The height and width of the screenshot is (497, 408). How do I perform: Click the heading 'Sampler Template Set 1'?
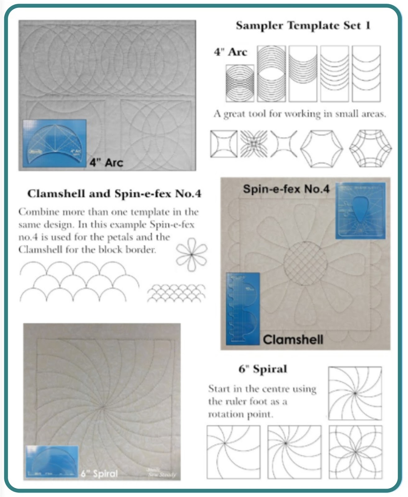coord(303,25)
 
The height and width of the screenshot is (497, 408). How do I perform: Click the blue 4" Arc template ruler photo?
coord(54,144)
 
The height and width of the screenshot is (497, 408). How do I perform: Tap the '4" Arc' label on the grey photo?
coord(107,162)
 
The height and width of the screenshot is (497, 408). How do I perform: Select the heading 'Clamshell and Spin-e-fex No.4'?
coord(114,194)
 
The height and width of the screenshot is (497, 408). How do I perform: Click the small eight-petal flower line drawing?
coord(192,255)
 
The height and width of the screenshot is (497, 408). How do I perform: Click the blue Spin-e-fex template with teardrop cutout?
coord(360,211)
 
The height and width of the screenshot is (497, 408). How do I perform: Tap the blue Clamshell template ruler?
coord(243,308)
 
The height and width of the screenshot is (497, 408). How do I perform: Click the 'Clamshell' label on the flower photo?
coord(293,340)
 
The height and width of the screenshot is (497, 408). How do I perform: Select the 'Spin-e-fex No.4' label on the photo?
coord(286,189)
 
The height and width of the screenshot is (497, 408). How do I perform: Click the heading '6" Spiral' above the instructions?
coord(263,369)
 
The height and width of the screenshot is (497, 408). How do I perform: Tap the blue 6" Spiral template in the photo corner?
coord(52,462)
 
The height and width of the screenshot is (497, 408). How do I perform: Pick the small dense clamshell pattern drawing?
coord(176,293)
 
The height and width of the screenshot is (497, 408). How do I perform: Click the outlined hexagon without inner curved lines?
coord(322,148)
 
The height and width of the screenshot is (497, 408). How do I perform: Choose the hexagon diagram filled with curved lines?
coord(370,148)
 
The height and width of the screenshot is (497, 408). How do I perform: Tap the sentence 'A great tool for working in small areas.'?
coord(300,114)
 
